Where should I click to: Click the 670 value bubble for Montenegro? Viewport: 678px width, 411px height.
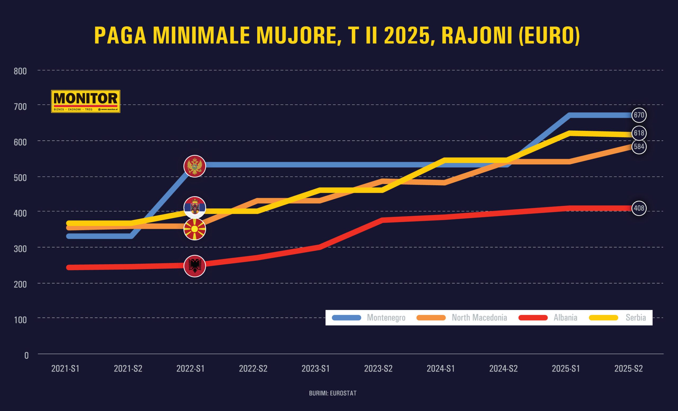coord(639,115)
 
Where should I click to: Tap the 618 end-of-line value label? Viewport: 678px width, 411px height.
coord(639,133)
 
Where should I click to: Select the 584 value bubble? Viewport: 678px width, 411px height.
coord(639,147)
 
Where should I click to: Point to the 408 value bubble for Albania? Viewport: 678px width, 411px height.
coord(639,208)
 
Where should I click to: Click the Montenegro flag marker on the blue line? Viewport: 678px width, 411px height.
coord(195,166)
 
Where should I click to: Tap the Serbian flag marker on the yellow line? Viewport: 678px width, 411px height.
coord(195,207)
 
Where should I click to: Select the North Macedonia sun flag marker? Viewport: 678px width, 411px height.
coord(195,229)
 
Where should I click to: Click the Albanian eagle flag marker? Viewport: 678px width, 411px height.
coord(195,266)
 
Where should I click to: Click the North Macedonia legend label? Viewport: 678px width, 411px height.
coord(479,318)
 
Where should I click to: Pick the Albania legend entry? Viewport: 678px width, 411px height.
coord(565,318)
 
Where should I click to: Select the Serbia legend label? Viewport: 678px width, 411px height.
coord(636,318)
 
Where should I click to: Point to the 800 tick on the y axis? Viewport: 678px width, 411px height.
coord(20,71)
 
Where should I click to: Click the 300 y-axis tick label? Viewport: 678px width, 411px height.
coord(20,249)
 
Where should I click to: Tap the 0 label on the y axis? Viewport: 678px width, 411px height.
coord(26,356)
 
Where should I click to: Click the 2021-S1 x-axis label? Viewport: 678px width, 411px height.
coord(65,369)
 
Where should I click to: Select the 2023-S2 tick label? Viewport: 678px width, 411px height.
coord(378,369)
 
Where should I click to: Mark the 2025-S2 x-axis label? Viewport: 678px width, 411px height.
coord(628,369)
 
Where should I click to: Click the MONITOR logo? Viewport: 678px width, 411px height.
coord(86,101)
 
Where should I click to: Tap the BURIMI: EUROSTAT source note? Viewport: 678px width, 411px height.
coord(333,393)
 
